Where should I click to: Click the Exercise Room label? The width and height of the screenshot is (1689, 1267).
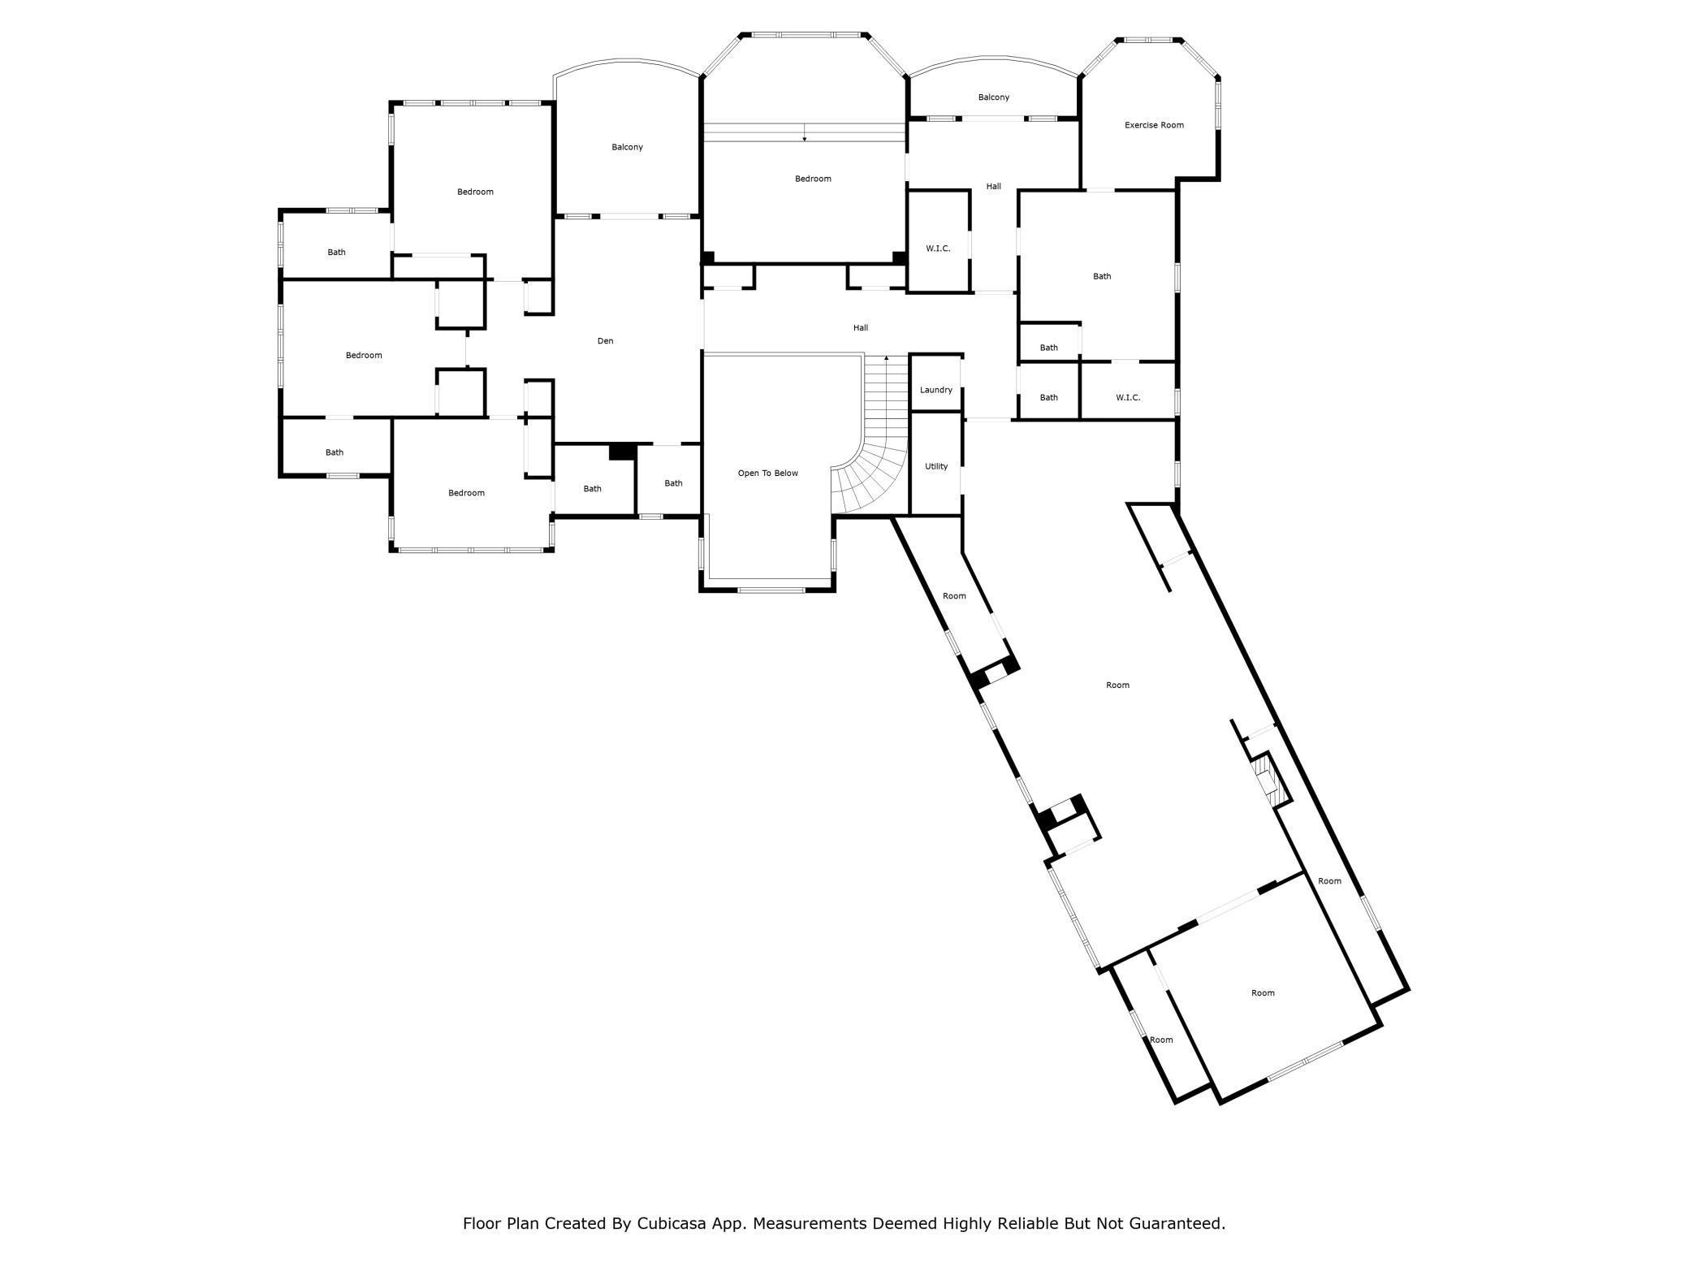tap(1154, 125)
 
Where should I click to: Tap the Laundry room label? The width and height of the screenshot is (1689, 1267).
tap(935, 390)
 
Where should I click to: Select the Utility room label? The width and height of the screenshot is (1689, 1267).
tap(935, 466)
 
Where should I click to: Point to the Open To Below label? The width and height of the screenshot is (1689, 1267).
tap(767, 473)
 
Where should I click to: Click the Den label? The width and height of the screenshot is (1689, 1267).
tap(605, 341)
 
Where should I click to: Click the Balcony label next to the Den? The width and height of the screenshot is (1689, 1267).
tap(627, 147)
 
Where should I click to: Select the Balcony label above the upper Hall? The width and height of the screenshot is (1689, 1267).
tap(993, 97)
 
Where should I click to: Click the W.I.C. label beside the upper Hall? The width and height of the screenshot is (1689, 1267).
tap(938, 249)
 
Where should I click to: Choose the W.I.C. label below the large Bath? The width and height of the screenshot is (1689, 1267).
tap(1128, 398)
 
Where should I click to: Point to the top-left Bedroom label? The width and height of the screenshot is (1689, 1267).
tap(475, 192)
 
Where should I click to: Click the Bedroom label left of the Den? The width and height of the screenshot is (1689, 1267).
tap(363, 355)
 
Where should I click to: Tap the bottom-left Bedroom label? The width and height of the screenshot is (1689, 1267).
tap(466, 493)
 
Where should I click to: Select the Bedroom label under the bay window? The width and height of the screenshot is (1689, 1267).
tap(813, 179)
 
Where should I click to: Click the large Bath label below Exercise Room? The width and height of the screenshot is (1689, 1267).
tap(1102, 276)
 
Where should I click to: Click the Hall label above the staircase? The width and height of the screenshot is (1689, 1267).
tap(861, 328)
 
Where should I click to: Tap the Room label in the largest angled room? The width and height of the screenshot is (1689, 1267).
tap(1117, 685)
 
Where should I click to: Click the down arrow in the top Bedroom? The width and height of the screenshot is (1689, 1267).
tap(805, 132)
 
